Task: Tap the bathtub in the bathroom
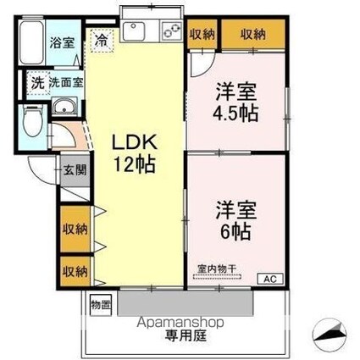coord(31,40)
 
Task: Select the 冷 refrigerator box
coord(101,38)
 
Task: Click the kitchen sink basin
coord(136,31)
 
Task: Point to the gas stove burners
coord(169,31)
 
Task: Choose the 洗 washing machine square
coord(36,83)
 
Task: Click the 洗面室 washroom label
coord(65,83)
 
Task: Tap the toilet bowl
coord(32,121)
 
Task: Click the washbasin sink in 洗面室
coord(62,108)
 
